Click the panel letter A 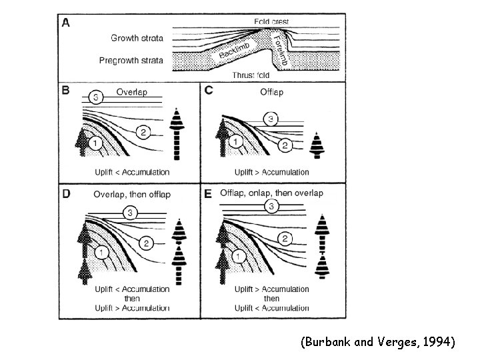click(x=66, y=23)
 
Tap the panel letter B click(x=66, y=91)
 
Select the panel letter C click(x=209, y=91)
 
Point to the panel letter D click(x=66, y=194)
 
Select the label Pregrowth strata click(x=131, y=60)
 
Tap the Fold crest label click(x=272, y=21)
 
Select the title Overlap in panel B click(x=131, y=91)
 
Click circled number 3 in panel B click(x=96, y=98)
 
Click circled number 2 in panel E click(x=285, y=238)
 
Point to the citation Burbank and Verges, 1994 click(x=378, y=343)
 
